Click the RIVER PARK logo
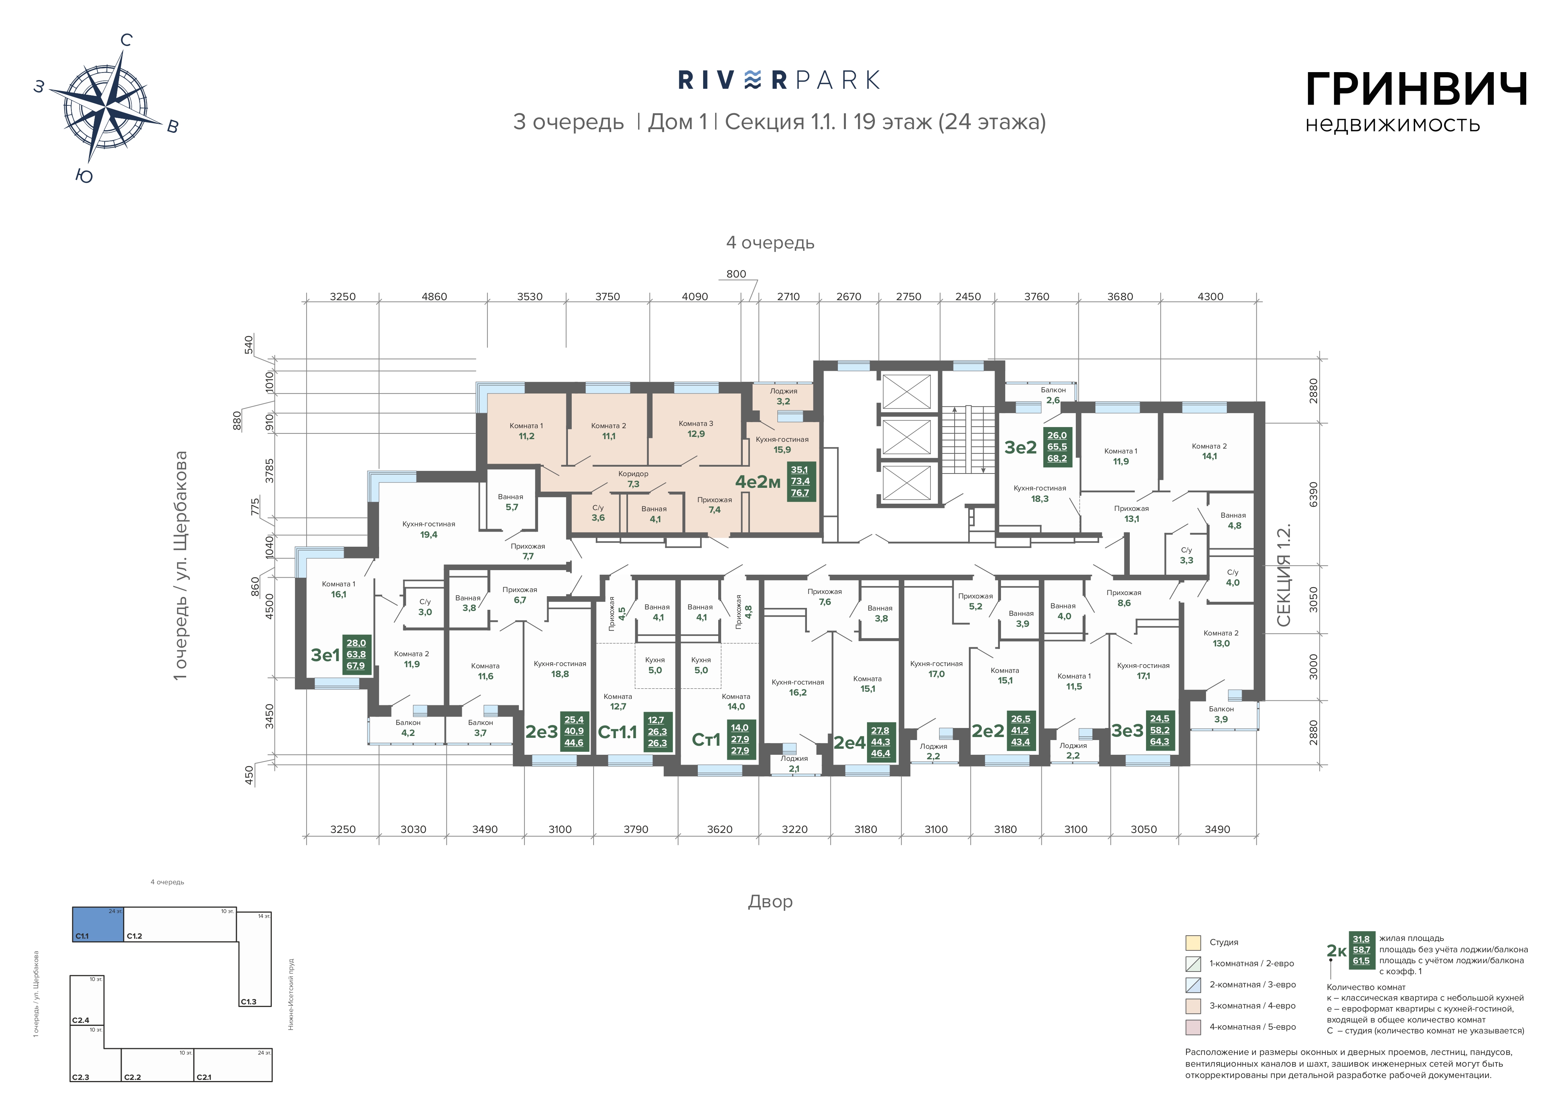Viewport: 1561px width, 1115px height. click(779, 80)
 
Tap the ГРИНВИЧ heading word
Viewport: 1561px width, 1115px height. click(1416, 90)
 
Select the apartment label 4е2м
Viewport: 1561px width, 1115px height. click(758, 482)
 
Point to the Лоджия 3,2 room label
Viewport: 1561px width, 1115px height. click(783, 396)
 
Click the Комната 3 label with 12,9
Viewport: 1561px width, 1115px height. click(696, 429)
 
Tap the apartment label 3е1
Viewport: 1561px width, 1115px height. click(325, 655)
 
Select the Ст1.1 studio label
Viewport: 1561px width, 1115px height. click(618, 732)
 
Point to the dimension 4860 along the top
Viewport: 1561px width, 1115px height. click(434, 297)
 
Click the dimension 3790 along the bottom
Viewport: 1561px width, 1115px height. click(636, 830)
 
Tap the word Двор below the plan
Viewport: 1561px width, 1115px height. click(770, 901)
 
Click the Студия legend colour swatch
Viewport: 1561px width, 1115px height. click(1193, 942)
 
